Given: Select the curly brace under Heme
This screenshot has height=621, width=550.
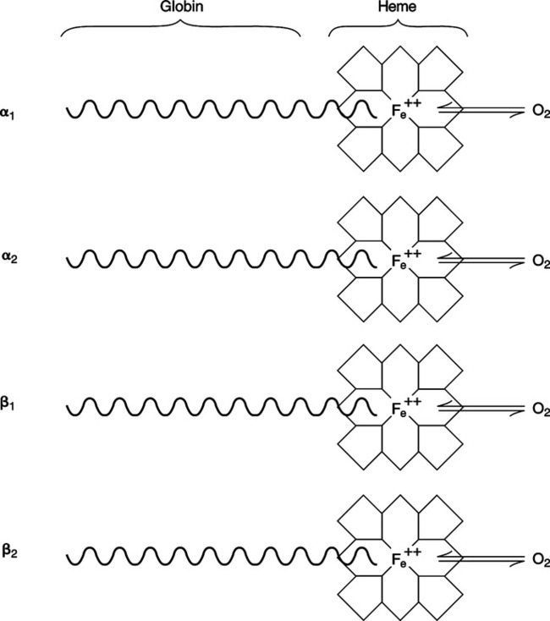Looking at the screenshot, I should click(397, 25).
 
